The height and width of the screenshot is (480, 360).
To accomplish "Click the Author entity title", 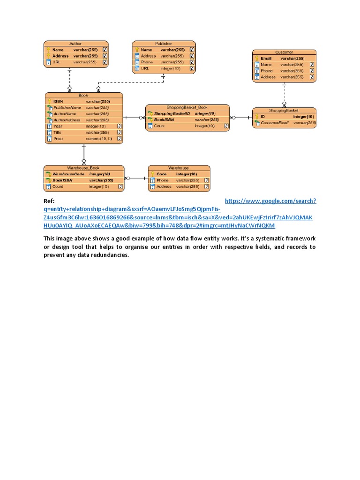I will click(x=75, y=43).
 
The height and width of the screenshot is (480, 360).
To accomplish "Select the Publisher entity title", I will click(x=164, y=43).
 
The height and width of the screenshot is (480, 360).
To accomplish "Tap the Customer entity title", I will click(x=284, y=52).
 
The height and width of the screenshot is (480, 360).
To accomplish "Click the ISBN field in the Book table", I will click(x=58, y=101).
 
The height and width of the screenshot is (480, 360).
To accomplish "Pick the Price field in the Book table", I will click(x=58, y=139).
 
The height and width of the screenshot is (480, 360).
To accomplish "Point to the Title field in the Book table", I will click(x=57, y=133).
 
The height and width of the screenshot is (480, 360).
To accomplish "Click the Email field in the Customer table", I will click(x=266, y=59).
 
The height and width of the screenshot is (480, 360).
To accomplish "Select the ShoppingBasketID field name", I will click(x=172, y=113).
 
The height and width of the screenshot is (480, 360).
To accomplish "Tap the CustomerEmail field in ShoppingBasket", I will click(x=274, y=123).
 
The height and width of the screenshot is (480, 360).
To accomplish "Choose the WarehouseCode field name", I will click(x=68, y=174).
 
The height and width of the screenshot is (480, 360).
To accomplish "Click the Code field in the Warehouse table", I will click(x=161, y=174).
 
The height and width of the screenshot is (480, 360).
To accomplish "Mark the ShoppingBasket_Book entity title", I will click(x=187, y=107).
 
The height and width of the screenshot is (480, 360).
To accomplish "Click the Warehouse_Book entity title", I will click(x=83, y=167).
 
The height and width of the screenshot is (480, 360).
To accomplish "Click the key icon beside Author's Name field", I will click(x=48, y=49).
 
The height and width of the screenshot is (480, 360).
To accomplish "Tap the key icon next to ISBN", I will click(x=49, y=101).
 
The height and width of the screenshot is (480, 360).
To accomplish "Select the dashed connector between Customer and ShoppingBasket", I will click(x=284, y=94).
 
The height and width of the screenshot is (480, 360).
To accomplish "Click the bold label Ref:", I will click(x=49, y=201).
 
